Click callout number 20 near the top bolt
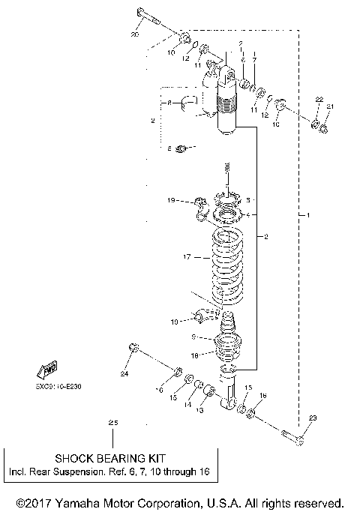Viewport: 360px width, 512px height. click(x=135, y=35)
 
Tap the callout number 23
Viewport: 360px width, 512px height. click(x=313, y=418)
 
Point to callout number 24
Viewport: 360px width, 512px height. click(x=124, y=373)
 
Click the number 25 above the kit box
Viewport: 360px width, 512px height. click(x=113, y=424)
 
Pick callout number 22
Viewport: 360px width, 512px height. click(x=318, y=100)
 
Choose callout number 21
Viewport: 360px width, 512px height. click(x=331, y=106)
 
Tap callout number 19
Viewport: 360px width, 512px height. click(x=171, y=201)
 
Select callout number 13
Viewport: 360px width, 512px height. click(x=199, y=410)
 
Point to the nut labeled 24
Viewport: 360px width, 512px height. click(x=132, y=346)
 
